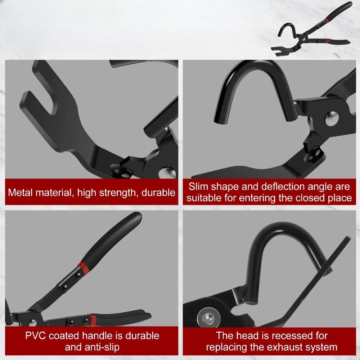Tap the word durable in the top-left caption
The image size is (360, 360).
(158, 192)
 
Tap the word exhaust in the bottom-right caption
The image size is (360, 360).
(283, 347)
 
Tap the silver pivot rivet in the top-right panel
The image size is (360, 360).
(332, 118)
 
